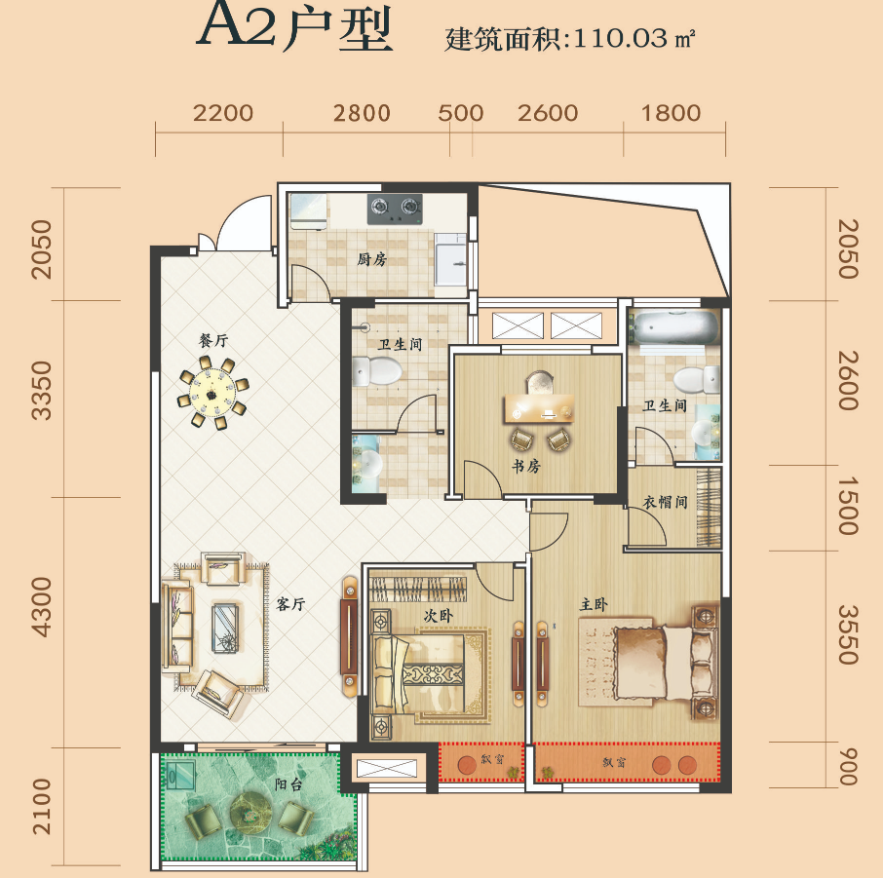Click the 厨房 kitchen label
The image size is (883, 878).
pyautogui.click(x=371, y=260)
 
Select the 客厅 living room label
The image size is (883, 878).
pyautogui.click(x=290, y=604)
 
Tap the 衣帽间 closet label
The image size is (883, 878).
pyautogui.click(x=665, y=503)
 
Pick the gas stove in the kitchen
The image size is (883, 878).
pyautogui.click(x=395, y=207)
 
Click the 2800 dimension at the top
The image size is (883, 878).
pyautogui.click(x=362, y=113)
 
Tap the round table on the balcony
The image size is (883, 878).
pyautogui.click(x=250, y=808)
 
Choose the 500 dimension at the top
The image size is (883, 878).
pyautogui.click(x=461, y=113)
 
